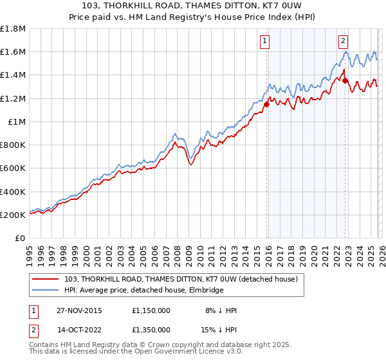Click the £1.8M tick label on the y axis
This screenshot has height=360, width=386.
pos(13,29)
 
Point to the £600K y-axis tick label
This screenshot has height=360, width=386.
pos(13,168)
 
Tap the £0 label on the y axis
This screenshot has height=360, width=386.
pos(21,239)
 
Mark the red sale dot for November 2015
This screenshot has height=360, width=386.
pos(266,104)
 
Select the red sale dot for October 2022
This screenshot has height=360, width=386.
pos(345,81)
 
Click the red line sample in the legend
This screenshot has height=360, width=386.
pos(46,280)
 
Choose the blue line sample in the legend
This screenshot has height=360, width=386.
pos(46,291)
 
